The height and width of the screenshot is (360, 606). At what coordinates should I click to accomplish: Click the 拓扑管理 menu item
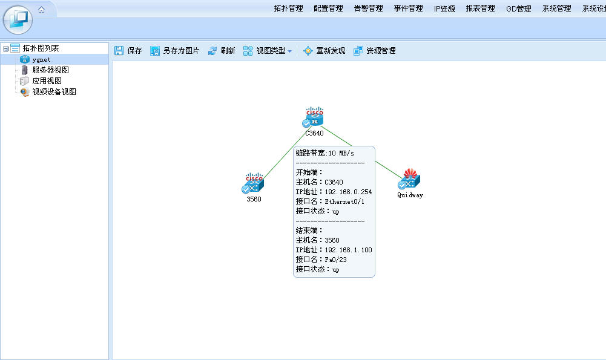288,8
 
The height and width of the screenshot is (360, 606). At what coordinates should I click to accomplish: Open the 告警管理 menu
368,8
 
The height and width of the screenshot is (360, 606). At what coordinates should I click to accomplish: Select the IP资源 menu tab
444,8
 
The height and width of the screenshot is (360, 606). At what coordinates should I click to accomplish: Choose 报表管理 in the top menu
481,8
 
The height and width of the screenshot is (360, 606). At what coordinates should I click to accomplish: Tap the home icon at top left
41,10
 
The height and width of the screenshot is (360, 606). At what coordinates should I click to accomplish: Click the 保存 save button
128,51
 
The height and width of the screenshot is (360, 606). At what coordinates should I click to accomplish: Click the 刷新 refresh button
222,51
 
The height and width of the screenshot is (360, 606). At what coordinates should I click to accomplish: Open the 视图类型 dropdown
268,51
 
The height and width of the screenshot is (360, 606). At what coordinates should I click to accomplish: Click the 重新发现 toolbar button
324,51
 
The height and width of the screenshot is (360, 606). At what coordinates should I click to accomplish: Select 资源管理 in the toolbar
375,51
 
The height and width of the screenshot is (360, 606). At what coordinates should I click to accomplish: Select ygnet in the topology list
41,59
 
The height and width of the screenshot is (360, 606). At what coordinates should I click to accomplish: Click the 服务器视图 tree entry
50,70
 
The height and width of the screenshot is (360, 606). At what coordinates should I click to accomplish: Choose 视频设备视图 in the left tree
54,91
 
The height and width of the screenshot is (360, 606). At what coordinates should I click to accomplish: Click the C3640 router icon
314,117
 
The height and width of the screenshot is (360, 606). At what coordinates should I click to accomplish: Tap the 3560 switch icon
253,183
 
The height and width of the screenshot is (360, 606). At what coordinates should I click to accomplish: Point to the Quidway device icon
409,179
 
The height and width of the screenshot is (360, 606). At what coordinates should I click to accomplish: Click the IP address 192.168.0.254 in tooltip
348,192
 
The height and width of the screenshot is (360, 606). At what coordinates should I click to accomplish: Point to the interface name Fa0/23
335,260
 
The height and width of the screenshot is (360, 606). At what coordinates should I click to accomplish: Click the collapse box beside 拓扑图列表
6,48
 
